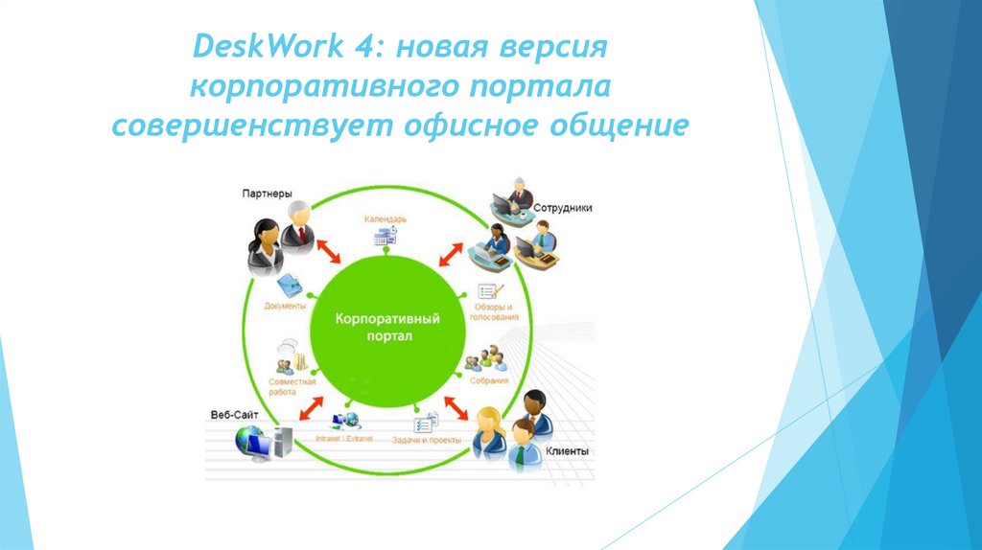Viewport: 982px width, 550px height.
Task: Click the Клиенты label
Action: pyautogui.click(x=568, y=451)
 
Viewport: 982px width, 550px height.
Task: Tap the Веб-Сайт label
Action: pyautogui.click(x=234, y=415)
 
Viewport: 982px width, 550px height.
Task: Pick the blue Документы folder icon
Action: pyautogui.click(x=288, y=285)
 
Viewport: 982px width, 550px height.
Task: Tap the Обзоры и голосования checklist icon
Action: pyautogui.click(x=490, y=293)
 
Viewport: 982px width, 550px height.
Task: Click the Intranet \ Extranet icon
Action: pyautogui.click(x=343, y=422)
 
